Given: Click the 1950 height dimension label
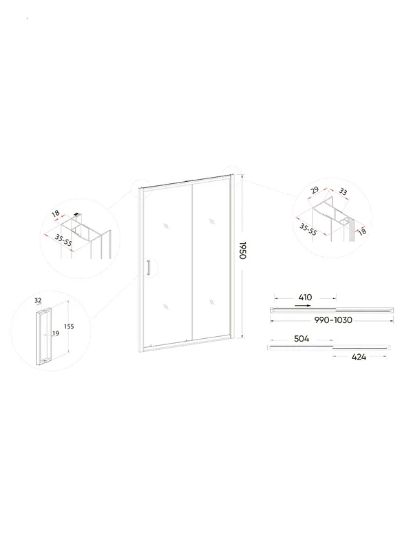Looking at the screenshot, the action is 242,250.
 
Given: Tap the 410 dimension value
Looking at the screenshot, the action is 305,298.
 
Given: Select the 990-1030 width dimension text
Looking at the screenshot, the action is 333,320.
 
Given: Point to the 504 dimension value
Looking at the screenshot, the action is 301,339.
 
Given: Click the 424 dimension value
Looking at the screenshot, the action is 359,357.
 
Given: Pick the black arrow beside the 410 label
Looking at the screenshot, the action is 303,306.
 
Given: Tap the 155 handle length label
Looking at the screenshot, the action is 69,326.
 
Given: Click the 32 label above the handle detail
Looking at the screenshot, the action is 38,300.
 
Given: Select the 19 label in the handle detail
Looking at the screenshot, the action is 56,333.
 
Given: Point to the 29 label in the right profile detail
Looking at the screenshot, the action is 315,190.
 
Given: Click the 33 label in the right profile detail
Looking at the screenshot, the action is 343,192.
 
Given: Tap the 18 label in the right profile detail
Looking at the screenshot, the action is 362,231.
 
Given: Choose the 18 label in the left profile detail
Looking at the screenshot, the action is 56,214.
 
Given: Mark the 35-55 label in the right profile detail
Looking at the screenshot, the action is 308,229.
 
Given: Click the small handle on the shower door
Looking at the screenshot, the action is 148,267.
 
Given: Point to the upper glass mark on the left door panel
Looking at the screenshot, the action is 166,226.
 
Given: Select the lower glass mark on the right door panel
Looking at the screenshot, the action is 211,302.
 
